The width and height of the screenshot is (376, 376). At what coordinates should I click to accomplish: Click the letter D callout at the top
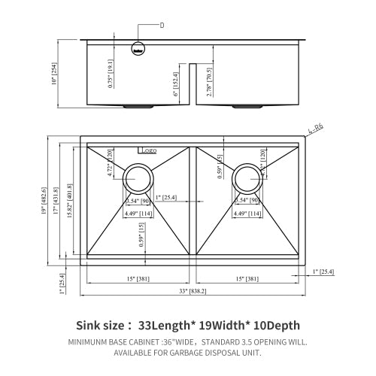[x=161, y=25]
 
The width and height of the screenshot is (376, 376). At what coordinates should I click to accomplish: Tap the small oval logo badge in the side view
[x=138, y=50]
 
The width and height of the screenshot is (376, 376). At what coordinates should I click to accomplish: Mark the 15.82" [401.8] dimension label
[x=70, y=202]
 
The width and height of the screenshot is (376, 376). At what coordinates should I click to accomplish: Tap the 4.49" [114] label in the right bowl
[x=246, y=214]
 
